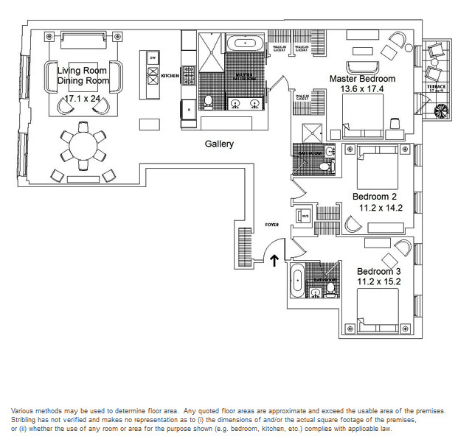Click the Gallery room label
click(x=219, y=144)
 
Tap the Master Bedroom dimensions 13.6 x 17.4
click(x=362, y=89)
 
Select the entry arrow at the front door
click(x=274, y=259)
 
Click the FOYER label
click(x=272, y=222)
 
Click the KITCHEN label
click(x=170, y=75)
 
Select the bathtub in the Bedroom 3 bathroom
click(x=296, y=280)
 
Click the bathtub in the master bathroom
click(x=242, y=43)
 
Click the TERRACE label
click(x=436, y=87)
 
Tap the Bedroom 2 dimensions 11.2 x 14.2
click(x=378, y=208)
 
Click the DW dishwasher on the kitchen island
click(x=153, y=57)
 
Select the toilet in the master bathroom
click(x=209, y=101)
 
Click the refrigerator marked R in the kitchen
click(x=189, y=109)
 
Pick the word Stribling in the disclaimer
click(x=24, y=420)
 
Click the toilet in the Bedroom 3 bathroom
click(x=316, y=292)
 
